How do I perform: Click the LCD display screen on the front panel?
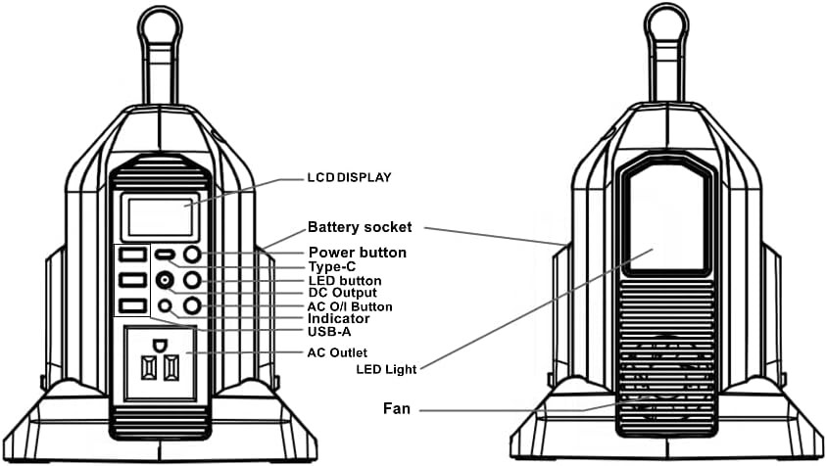155,213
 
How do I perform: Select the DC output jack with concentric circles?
166,281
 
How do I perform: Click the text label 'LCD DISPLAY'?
349,178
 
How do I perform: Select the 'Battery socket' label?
360,226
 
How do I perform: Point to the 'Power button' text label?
357,253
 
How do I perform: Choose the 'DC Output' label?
342,293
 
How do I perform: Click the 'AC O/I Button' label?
350,306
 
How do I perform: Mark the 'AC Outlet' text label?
338,351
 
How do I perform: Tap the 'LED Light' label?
387,369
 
